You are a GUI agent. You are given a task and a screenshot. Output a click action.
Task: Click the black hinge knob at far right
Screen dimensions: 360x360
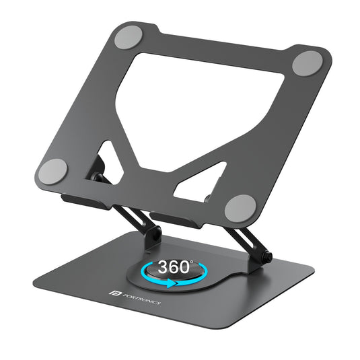tap(267, 258)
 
